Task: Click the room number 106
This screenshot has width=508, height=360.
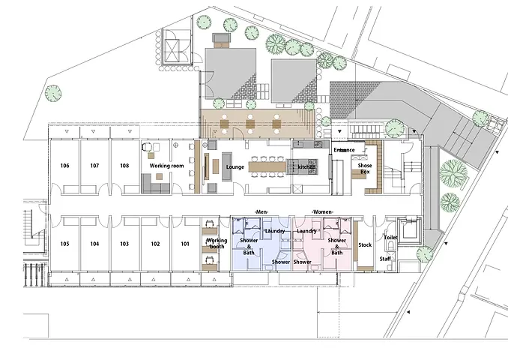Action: pos(64,166)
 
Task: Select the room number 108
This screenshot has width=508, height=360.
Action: pos(124,166)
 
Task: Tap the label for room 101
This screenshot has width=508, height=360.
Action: pos(185,244)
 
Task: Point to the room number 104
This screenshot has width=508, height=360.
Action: pos(94,244)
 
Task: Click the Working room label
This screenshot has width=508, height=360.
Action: pos(166,166)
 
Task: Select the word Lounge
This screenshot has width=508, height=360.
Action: pos(235,167)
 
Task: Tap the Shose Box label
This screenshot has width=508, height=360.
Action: pos(365,169)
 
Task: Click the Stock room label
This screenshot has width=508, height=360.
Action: pos(365,244)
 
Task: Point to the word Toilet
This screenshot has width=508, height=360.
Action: pos(390,238)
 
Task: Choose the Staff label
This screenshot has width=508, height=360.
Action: pos(385,259)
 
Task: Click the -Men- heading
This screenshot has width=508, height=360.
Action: pos(261,212)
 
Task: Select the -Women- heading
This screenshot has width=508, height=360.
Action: pos(322,212)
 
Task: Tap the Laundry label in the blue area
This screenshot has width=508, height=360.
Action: pos(275,231)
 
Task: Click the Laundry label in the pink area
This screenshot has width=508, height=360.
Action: pos(306,231)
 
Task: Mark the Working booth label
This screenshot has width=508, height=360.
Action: pos(217,244)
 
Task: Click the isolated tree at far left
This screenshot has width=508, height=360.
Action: pos(53,94)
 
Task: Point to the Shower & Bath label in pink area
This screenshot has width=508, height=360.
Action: pos(337,247)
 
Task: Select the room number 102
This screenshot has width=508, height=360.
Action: pos(155,244)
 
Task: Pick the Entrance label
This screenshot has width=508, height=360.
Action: pos(344,150)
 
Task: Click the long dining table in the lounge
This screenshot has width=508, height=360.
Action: pos(267,166)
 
